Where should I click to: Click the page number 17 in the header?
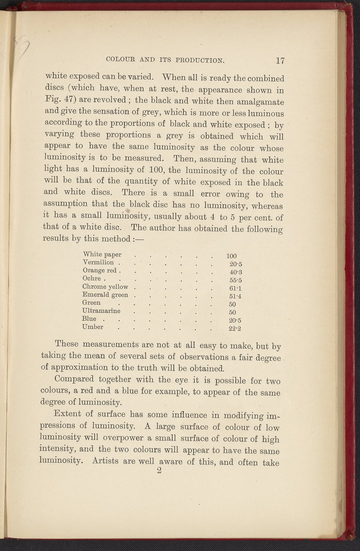(280, 61)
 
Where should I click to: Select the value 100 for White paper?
(232, 256)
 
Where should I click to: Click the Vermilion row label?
(98, 263)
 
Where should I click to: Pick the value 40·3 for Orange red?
(235, 272)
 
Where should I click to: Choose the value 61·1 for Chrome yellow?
(235, 289)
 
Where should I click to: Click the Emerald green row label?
(105, 295)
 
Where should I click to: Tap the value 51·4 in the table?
(235, 297)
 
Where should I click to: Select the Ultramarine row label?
(101, 311)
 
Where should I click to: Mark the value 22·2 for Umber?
(235, 329)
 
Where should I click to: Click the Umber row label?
(93, 327)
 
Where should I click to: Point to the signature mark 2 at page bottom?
(159, 471)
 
